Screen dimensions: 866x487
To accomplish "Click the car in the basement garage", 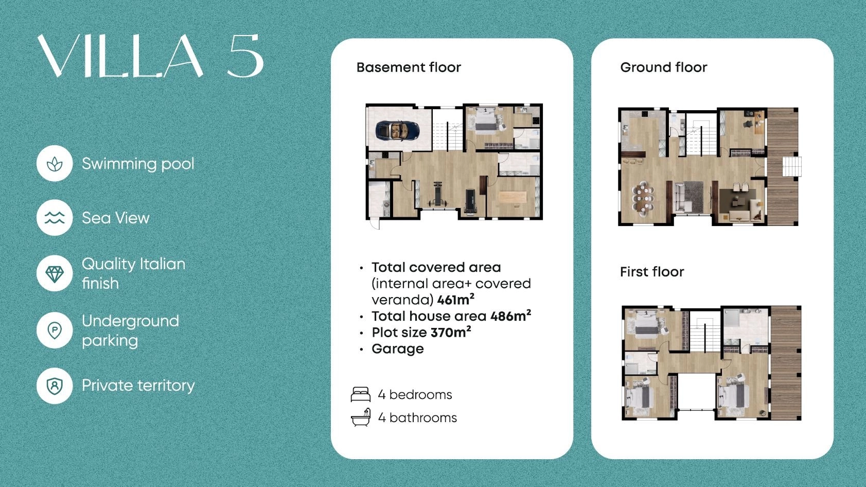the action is click(397, 130).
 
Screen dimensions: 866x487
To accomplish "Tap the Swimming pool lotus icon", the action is click(55, 164).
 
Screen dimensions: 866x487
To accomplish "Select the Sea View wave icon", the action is click(55, 218).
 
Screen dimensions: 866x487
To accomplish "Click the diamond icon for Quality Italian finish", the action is click(55, 273).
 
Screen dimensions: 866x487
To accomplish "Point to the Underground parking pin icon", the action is click(55, 331).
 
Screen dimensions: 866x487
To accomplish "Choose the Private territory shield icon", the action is click(55, 386).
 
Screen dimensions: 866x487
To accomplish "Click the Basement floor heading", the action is click(409, 67).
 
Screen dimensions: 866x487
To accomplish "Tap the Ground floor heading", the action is click(664, 67).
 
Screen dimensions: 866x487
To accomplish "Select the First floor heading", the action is click(652, 271).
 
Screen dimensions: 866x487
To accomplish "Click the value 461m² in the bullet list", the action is click(456, 299).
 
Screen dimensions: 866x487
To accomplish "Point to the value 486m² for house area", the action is click(511, 316).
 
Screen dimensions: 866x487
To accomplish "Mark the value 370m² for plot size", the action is click(451, 332).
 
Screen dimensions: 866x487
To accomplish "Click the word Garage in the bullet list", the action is click(397, 350).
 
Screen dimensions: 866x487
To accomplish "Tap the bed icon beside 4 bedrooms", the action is click(360, 394).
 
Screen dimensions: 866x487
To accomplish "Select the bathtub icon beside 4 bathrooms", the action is click(360, 418).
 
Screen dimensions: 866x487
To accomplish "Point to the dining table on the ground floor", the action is click(643, 199).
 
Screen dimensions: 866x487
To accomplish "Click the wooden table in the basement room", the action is click(512, 197).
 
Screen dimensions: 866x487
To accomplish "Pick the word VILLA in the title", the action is click(120, 56).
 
